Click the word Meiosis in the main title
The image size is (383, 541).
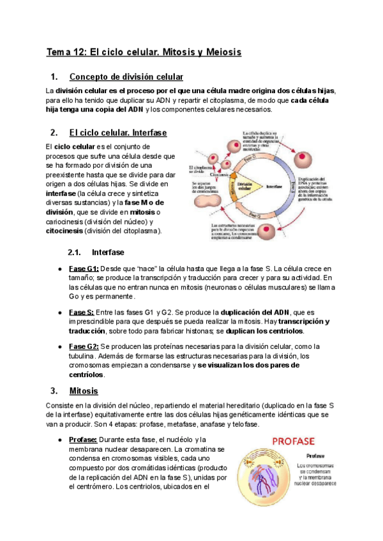pyautogui.click(x=218, y=52)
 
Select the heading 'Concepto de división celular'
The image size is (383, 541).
pyautogui.click(x=126, y=77)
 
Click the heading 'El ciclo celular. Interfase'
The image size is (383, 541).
pyautogui.click(x=117, y=133)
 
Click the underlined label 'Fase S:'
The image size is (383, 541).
pyautogui.click(x=82, y=312)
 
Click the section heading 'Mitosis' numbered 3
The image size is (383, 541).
pyautogui.click(x=84, y=390)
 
